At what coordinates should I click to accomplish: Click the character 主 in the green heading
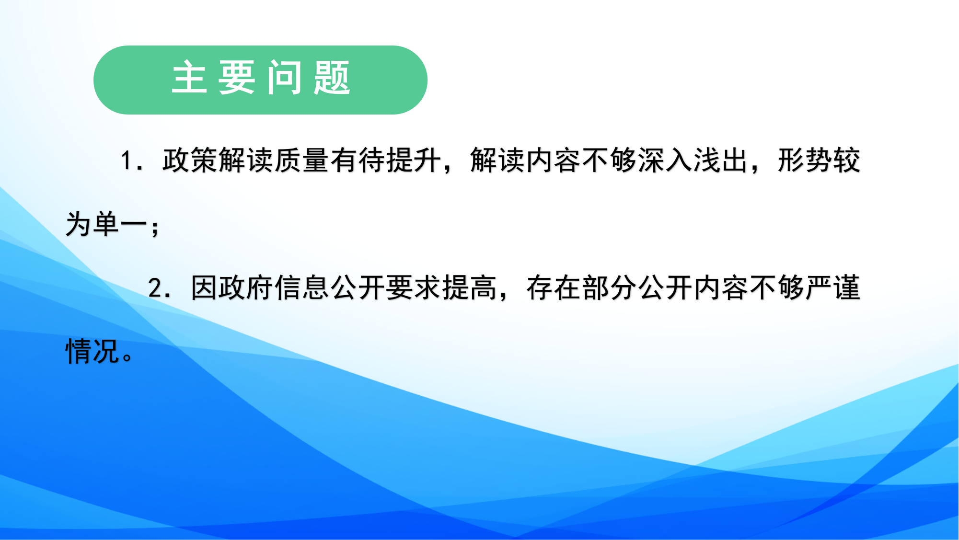coord(189,77)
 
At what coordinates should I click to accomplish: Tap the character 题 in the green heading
coord(332,77)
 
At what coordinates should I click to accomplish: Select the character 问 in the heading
coord(285,77)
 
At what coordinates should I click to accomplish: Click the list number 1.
coord(126,161)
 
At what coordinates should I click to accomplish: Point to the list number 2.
coord(155,288)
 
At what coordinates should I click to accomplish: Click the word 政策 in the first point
coord(190,160)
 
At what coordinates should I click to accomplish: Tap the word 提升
coord(414,160)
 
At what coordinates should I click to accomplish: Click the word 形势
coord(805,160)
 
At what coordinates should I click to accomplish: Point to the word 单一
coord(120,224)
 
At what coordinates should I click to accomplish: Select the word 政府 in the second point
coord(246,288)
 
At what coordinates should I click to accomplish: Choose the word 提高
coord(470,288)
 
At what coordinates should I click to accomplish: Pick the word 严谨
coord(833,288)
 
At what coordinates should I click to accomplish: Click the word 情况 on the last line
coord(92,352)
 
